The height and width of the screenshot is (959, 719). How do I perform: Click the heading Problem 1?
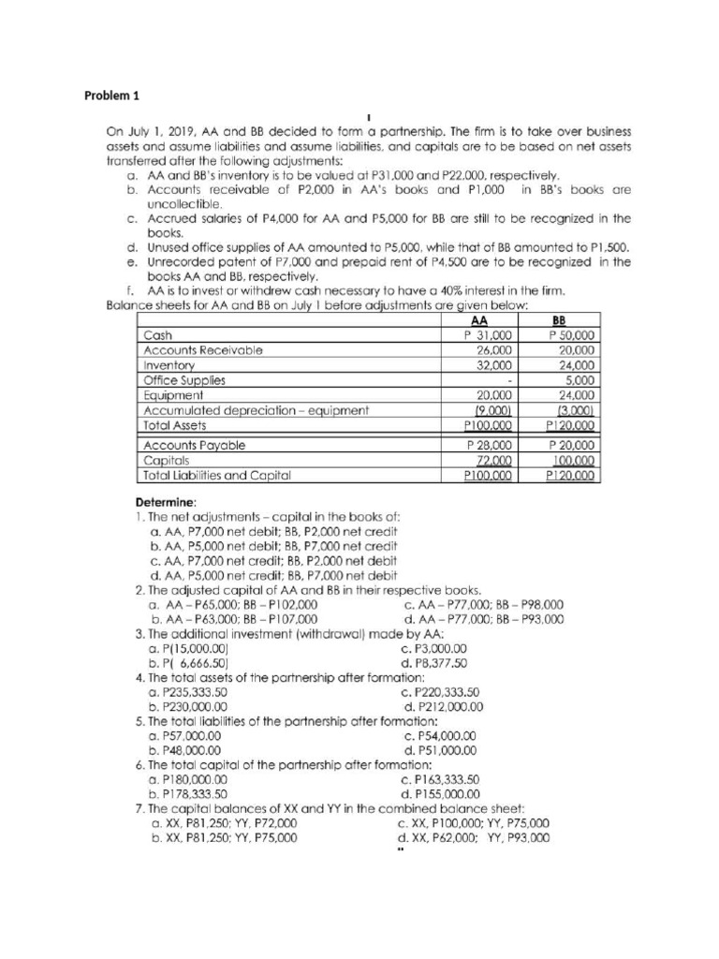[x=110, y=95]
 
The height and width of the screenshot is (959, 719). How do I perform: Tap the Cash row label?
[x=156, y=334]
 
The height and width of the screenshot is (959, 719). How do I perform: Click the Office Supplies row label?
[x=183, y=379]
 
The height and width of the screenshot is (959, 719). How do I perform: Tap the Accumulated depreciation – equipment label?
[x=256, y=409]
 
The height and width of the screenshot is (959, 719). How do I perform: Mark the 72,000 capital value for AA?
[x=493, y=460]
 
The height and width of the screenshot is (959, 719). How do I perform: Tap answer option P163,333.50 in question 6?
[x=439, y=778]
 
